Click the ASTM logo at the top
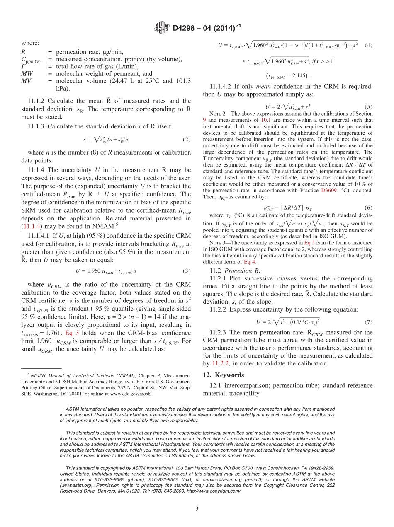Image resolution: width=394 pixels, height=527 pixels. (x=162, y=28)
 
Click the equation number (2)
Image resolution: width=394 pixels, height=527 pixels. (x=187, y=140)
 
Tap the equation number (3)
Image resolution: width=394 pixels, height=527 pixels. (x=187, y=271)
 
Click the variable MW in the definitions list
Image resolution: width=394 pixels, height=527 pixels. (x=27, y=74)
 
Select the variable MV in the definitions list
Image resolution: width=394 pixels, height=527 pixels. (x=27, y=80)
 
